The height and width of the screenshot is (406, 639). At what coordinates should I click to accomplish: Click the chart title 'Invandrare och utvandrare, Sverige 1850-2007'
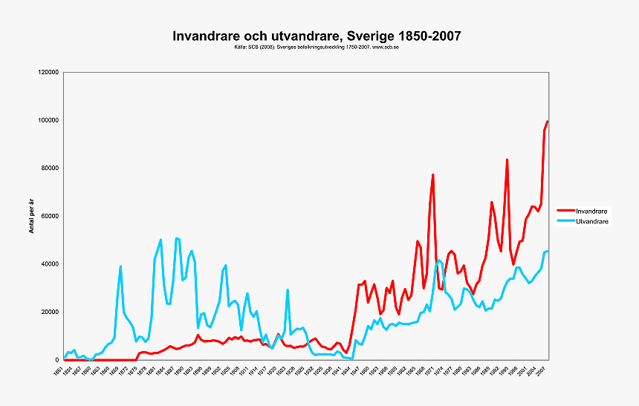pos(317,36)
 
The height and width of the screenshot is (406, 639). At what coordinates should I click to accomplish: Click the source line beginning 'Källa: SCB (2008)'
pos(317,47)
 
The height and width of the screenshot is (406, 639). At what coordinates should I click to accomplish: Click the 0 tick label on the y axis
pos(58,360)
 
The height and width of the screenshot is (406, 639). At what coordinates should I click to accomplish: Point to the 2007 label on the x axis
pos(542,371)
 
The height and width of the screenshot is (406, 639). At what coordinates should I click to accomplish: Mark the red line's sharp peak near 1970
pos(432,174)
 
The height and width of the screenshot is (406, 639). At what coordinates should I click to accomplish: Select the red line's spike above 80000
pos(507,160)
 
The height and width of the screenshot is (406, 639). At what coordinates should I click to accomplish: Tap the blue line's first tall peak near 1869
pos(120,266)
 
